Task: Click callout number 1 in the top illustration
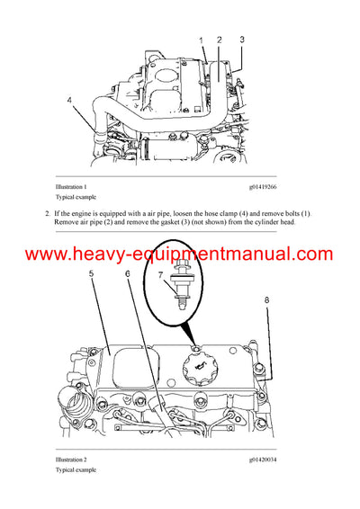tap(202, 40)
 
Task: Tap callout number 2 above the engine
tap(219, 40)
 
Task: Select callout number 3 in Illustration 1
tap(242, 40)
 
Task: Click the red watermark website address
tap(179, 254)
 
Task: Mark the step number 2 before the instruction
tap(46, 212)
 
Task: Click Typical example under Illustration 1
tap(76, 196)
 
